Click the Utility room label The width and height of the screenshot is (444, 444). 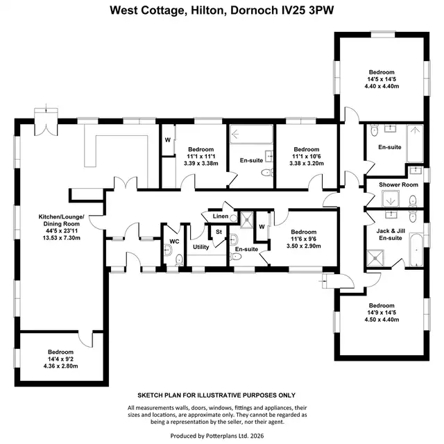coord(200,247)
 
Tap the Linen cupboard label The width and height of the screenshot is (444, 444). coord(221,216)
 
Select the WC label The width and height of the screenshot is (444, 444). coord(174,241)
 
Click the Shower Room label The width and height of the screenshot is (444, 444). coord(398,185)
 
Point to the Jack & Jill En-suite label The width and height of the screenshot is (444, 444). coord(391,234)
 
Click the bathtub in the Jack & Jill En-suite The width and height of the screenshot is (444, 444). coord(416,250)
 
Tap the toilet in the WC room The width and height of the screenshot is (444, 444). coord(179,259)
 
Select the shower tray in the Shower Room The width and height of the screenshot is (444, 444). coord(391,199)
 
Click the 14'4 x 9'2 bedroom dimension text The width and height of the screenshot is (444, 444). coord(60,359)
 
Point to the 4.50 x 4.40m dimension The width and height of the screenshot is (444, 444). coord(382,320)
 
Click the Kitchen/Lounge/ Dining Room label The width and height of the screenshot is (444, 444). coord(61,221)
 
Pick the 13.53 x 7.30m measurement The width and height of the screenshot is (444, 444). coord(62,238)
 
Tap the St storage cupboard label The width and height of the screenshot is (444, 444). coord(219,232)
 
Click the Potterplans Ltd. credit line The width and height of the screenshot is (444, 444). coord(217,436)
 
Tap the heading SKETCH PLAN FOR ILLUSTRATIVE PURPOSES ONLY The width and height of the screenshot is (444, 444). coord(216,395)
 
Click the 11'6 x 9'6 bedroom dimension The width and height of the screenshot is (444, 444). coord(304,239)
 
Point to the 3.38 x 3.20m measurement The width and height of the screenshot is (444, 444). coord(307,164)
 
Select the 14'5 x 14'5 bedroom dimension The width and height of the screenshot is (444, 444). coord(382,79)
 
